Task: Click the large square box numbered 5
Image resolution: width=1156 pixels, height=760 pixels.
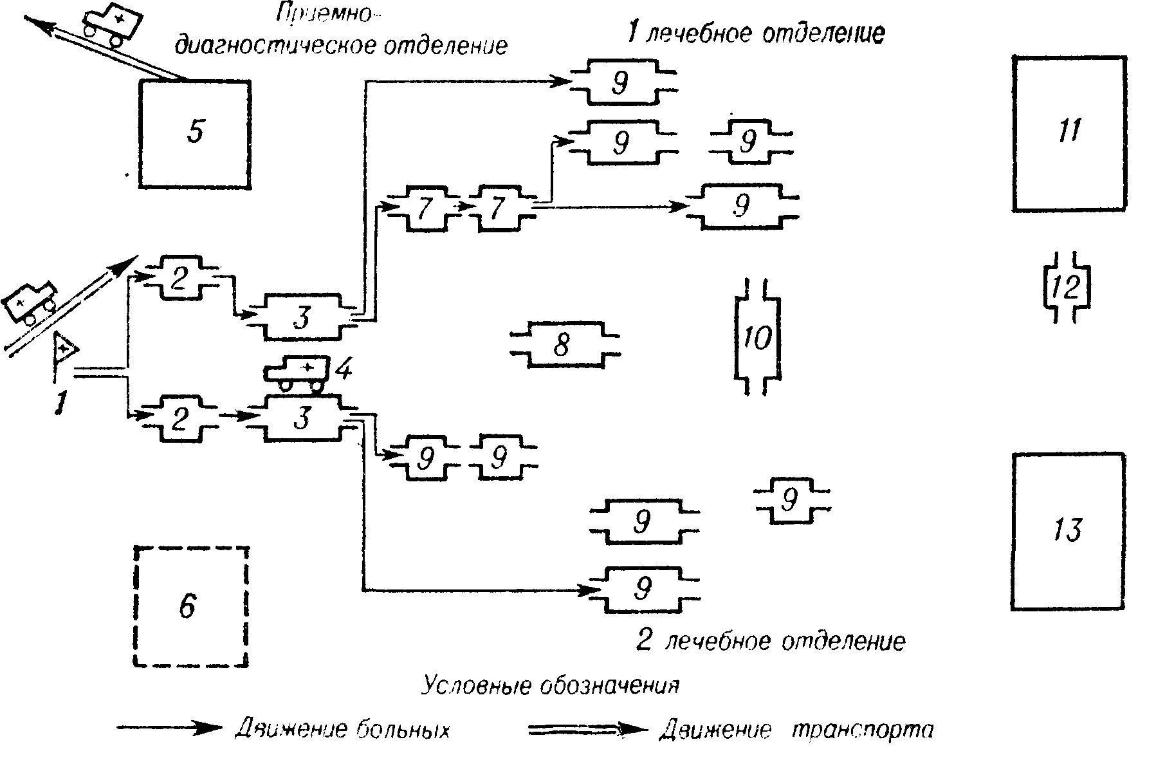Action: pyautogui.click(x=195, y=134)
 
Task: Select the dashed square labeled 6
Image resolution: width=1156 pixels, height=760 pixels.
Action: pyautogui.click(x=191, y=606)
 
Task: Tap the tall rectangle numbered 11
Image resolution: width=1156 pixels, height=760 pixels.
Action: pyautogui.click(x=1069, y=133)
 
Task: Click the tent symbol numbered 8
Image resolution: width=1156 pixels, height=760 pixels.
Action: pyautogui.click(x=564, y=345)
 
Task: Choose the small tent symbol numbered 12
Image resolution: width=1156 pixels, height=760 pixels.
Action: pyautogui.click(x=1066, y=287)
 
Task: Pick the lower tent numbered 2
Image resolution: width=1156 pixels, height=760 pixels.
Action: pyautogui.click(x=179, y=419)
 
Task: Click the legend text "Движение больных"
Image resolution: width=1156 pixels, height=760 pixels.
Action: pyautogui.click(x=342, y=730)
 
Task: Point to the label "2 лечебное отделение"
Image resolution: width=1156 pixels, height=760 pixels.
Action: pyautogui.click(x=771, y=641)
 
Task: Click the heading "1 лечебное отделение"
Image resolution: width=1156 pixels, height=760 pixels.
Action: pyautogui.click(x=756, y=33)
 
